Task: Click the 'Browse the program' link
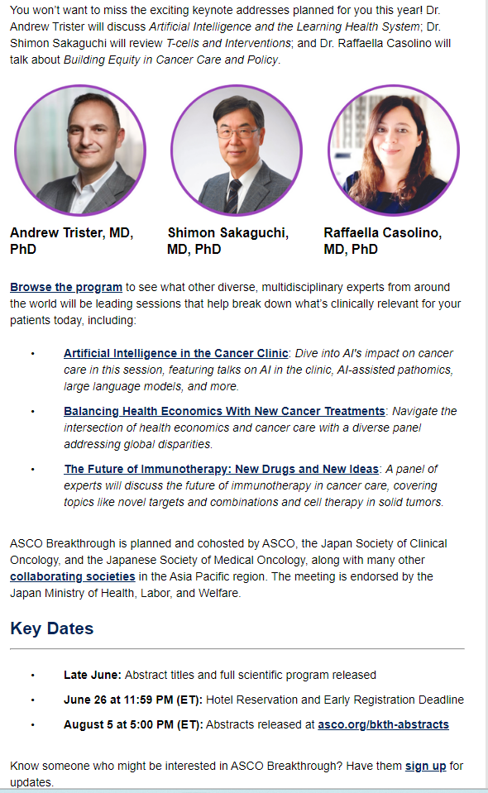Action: point(66,287)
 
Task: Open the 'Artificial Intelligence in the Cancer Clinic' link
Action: point(176,353)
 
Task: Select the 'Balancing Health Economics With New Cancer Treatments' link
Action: point(224,411)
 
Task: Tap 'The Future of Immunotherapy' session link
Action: point(221,469)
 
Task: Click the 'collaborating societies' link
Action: point(73,576)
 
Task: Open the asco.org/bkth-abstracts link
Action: point(383,724)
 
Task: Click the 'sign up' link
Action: point(426,767)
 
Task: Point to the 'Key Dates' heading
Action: point(52,628)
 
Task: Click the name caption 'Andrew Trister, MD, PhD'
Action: point(72,241)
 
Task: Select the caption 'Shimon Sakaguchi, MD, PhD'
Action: point(228,241)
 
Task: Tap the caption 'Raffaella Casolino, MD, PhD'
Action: point(383,241)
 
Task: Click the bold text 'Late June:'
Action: point(93,675)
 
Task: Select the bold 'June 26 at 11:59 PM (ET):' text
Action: point(133,700)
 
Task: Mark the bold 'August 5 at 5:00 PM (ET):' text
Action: point(133,724)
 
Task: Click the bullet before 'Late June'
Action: point(33,676)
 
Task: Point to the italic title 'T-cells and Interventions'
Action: point(228,44)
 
